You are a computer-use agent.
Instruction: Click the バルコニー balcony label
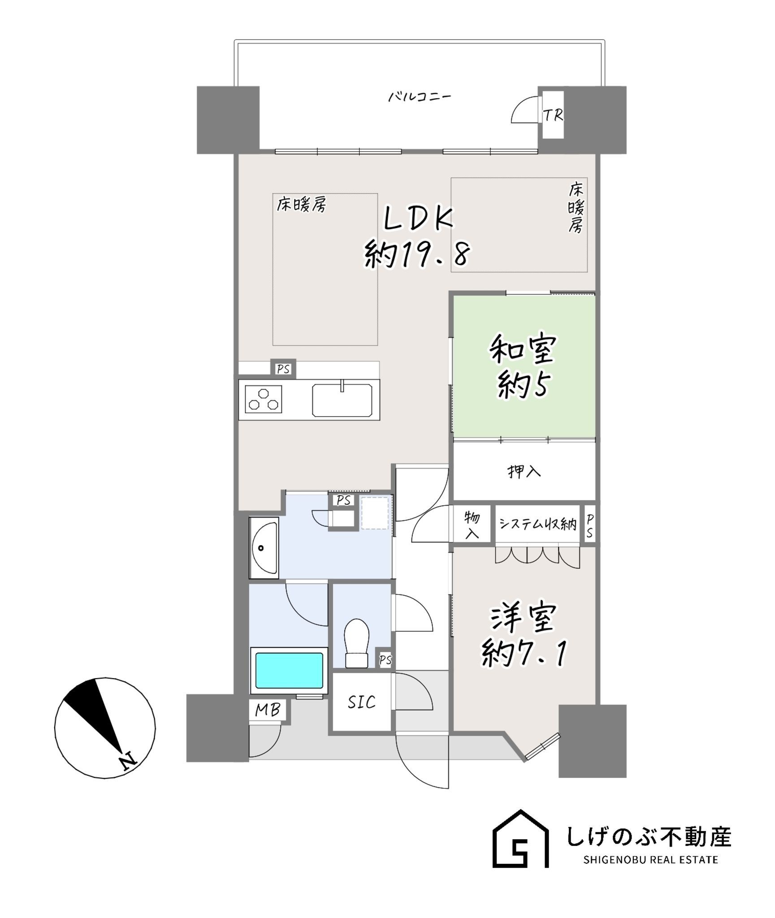tap(419, 97)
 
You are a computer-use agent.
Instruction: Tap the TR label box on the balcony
tap(553, 116)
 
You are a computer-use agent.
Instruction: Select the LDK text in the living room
tap(418, 219)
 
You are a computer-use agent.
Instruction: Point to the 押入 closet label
tap(524, 471)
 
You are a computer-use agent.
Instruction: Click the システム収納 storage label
tap(537, 524)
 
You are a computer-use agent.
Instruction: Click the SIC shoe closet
tap(361, 702)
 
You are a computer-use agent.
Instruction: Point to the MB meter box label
tap(268, 710)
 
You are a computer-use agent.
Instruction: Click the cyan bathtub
tap(289, 671)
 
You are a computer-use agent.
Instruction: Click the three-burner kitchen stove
tap(264, 399)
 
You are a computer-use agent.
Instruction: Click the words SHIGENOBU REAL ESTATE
tap(650, 860)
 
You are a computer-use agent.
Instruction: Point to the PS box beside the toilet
tap(385, 660)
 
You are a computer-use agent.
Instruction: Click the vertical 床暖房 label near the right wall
tap(576, 208)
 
